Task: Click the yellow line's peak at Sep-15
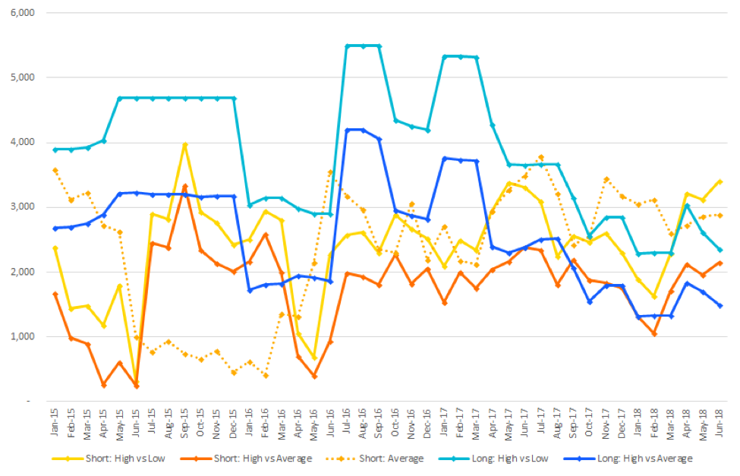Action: [x=184, y=144]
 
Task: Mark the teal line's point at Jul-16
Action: [x=347, y=46]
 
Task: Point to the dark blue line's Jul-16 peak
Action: [x=347, y=130]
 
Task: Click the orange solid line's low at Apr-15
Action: [x=104, y=385]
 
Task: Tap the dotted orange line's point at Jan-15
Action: [x=55, y=170]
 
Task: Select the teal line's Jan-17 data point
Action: [x=444, y=56]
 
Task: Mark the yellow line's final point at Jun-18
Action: [x=719, y=181]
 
